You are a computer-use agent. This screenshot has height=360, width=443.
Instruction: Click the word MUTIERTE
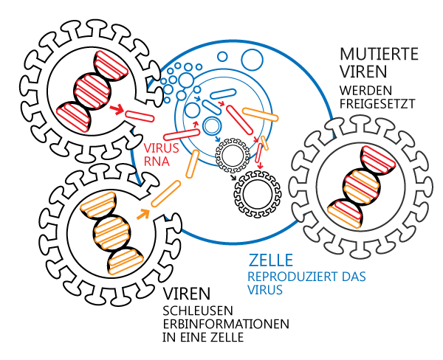click(380, 55)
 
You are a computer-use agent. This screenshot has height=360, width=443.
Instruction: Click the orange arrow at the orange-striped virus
click(142, 215)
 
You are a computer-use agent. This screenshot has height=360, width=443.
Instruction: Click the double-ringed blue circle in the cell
click(213, 126)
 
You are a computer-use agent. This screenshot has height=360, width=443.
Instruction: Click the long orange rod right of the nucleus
click(259, 114)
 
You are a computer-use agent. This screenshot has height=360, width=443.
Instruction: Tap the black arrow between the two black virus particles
click(233, 176)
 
